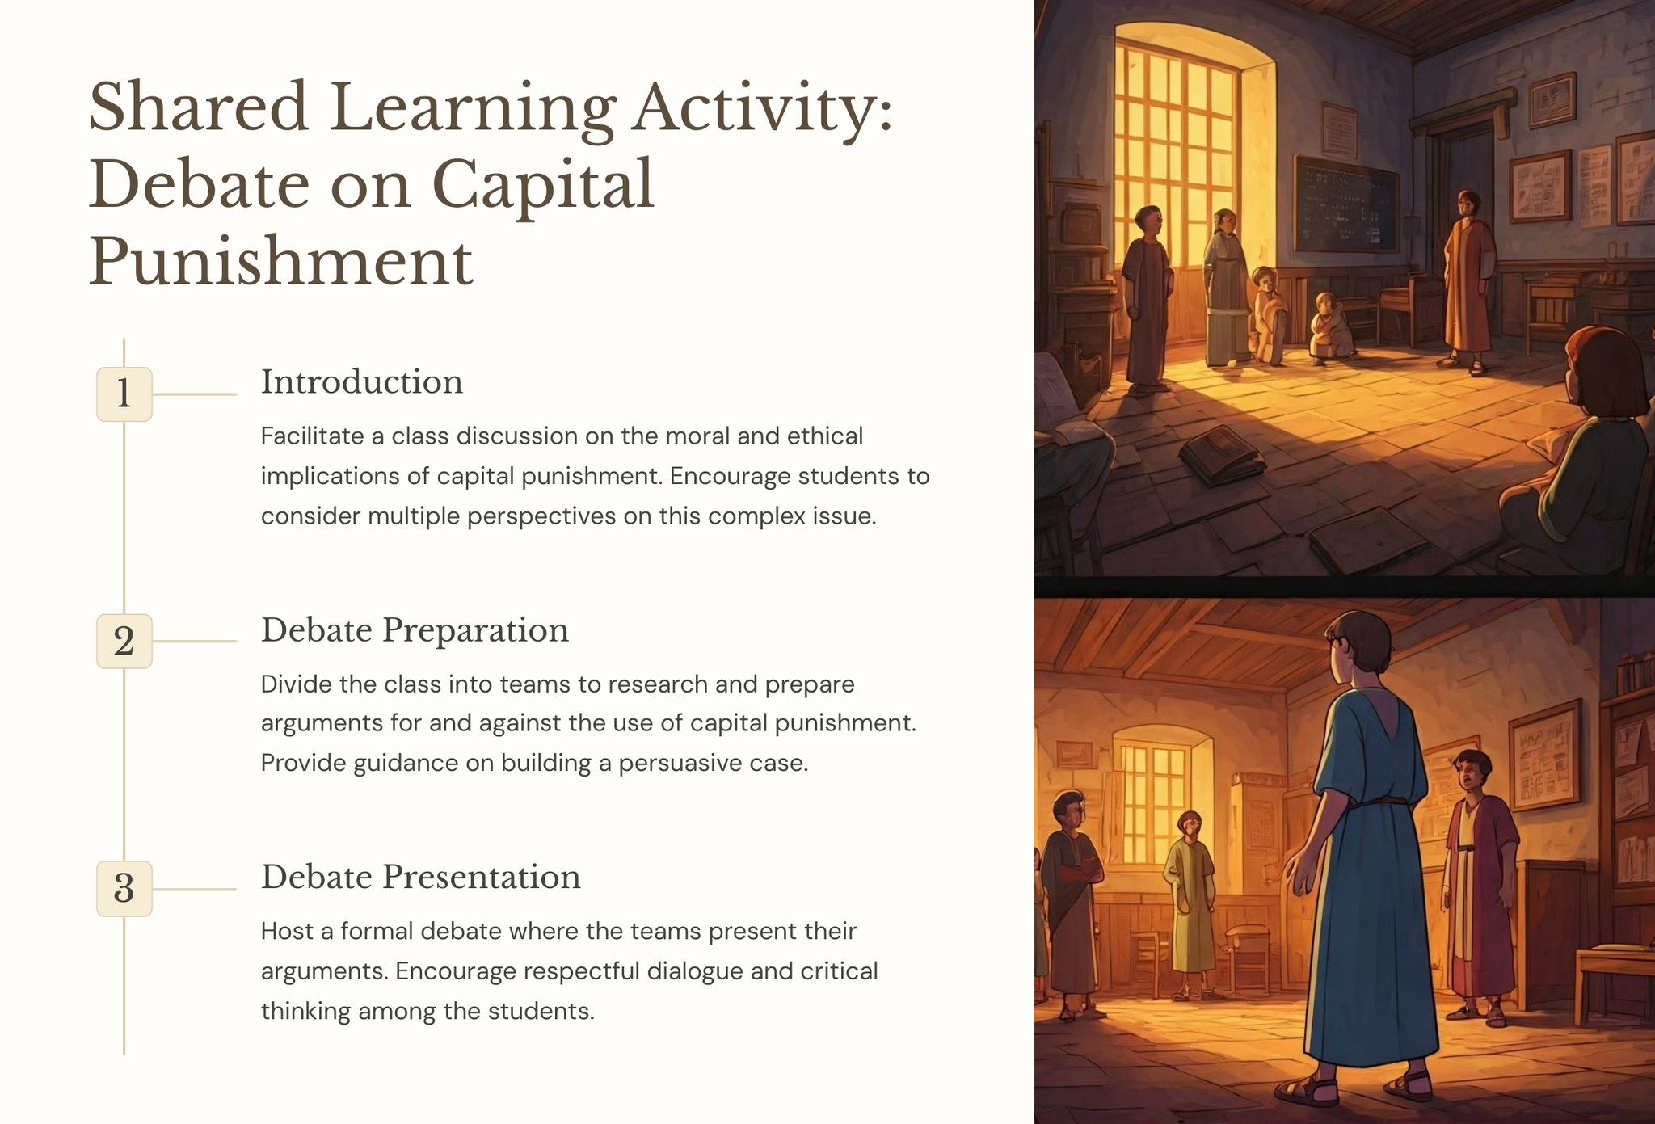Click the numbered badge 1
click(x=124, y=394)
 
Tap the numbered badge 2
click(x=124, y=642)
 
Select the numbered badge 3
click(x=124, y=889)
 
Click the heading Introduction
click(x=362, y=382)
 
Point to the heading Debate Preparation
click(x=415, y=630)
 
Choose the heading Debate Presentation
click(x=420, y=878)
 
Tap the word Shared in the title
click(x=199, y=107)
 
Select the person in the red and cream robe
click(x=1478, y=886)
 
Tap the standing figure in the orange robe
click(x=1468, y=283)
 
